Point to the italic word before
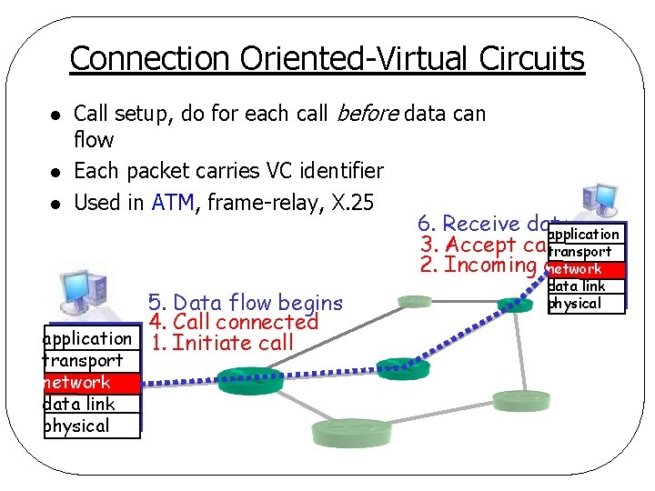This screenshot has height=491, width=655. coord(368,114)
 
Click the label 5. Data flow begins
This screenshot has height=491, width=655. coord(246,303)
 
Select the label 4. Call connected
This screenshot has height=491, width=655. coord(233,322)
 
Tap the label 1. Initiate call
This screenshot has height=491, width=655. coord(221,343)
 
